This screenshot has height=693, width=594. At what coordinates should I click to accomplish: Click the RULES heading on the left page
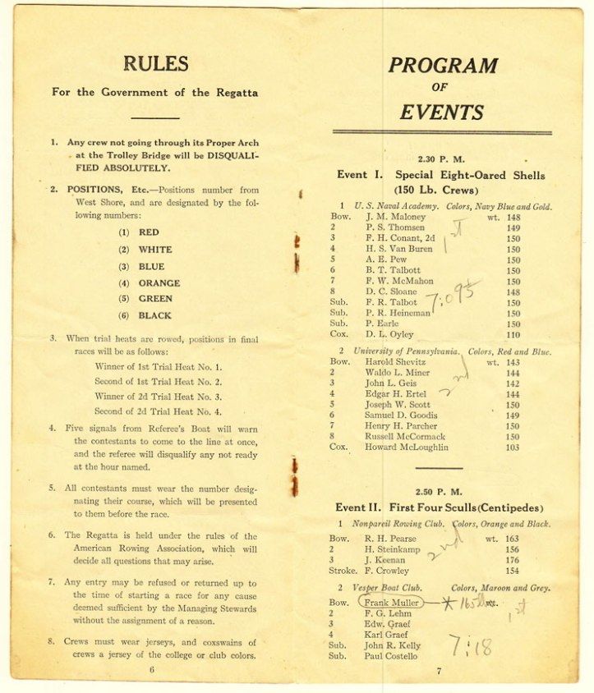point(155,63)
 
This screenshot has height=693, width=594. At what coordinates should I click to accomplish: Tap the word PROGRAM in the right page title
point(443,66)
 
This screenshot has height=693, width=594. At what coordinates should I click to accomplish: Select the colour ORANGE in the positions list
point(159,282)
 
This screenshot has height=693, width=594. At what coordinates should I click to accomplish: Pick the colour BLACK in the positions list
point(155,315)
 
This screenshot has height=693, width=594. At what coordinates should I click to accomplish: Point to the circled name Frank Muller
point(393,602)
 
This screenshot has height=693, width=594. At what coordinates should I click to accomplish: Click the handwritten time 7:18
point(470,646)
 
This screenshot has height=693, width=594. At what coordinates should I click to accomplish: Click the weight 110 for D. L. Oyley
point(513,335)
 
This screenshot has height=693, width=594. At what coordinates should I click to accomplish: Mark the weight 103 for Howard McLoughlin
point(513,447)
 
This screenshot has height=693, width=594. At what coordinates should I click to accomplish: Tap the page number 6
point(152,669)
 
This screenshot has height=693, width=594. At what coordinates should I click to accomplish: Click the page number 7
point(439,671)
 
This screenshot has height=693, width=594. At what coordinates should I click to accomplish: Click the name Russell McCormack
point(405,437)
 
